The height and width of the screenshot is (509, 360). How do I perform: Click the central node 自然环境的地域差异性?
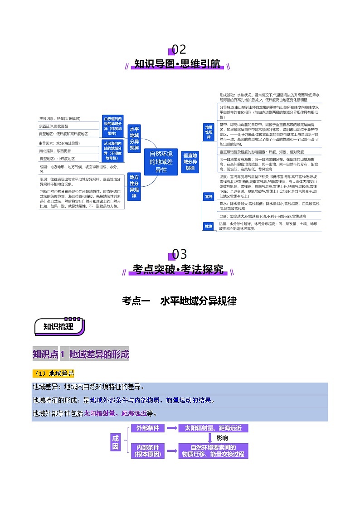pyautogui.click(x=161, y=162)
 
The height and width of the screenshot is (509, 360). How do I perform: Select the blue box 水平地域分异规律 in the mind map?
pyautogui.click(x=134, y=138)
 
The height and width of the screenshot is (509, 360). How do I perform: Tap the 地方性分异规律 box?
pyautogui.click(x=134, y=186)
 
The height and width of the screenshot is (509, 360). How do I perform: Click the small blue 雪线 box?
pyautogui.click(x=209, y=197)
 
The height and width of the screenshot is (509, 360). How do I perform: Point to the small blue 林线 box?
pyautogui.click(x=209, y=225)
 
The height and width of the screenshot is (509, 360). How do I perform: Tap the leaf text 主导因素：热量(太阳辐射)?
pyautogui.click(x=60, y=118)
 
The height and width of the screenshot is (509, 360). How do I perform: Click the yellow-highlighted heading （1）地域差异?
pyautogui.click(x=53, y=373)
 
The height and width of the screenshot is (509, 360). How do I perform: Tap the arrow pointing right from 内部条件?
pyautogui.click(x=171, y=451)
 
